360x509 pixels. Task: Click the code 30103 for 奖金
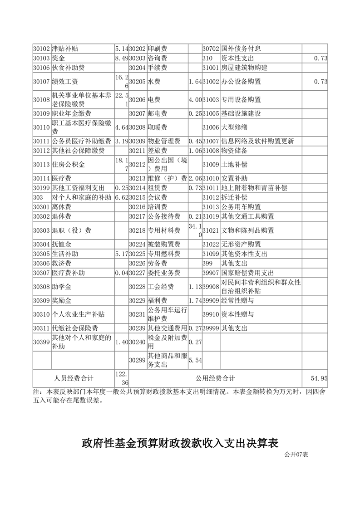(x=41, y=59)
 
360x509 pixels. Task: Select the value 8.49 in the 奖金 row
(x=122, y=59)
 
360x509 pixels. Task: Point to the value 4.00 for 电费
(x=195, y=99)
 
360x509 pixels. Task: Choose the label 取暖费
(x=158, y=127)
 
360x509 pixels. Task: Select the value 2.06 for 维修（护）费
(x=195, y=178)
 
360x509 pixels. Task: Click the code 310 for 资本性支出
(x=207, y=59)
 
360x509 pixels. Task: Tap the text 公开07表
(x=296, y=454)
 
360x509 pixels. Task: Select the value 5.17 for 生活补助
(x=122, y=254)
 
